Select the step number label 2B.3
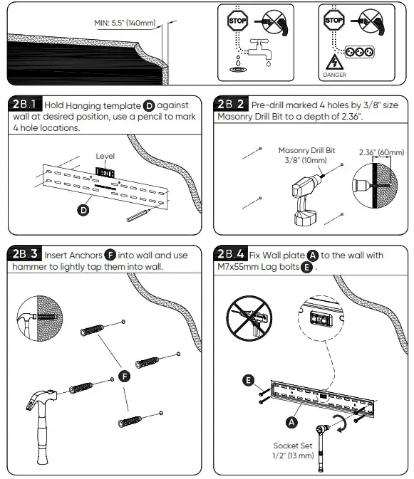click(x=26, y=254)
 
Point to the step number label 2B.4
click(x=233, y=254)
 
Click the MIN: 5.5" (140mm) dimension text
click(x=125, y=22)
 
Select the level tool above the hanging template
click(x=105, y=171)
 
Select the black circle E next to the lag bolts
click(x=248, y=381)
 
